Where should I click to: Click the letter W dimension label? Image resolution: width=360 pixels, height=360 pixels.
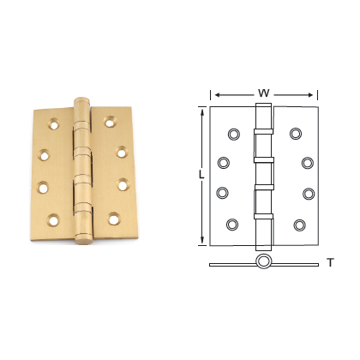click(264, 93)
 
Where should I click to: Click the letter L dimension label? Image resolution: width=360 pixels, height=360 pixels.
click(201, 175)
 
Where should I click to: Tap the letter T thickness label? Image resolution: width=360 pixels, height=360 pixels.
click(330, 263)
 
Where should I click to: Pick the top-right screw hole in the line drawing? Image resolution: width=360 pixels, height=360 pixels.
click(296, 133)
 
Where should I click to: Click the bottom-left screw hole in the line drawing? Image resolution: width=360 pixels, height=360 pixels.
click(232, 225)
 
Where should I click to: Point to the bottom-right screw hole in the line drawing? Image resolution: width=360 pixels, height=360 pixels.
click(299, 225)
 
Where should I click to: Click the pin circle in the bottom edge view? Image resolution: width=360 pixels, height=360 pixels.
click(263, 261)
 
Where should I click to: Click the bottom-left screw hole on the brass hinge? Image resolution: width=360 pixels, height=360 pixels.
click(55, 220)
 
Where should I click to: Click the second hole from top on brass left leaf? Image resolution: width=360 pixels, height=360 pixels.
click(45, 156)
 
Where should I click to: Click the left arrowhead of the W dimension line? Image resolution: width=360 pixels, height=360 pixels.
click(214, 94)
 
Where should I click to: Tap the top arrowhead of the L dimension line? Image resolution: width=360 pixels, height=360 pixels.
click(203, 110)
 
